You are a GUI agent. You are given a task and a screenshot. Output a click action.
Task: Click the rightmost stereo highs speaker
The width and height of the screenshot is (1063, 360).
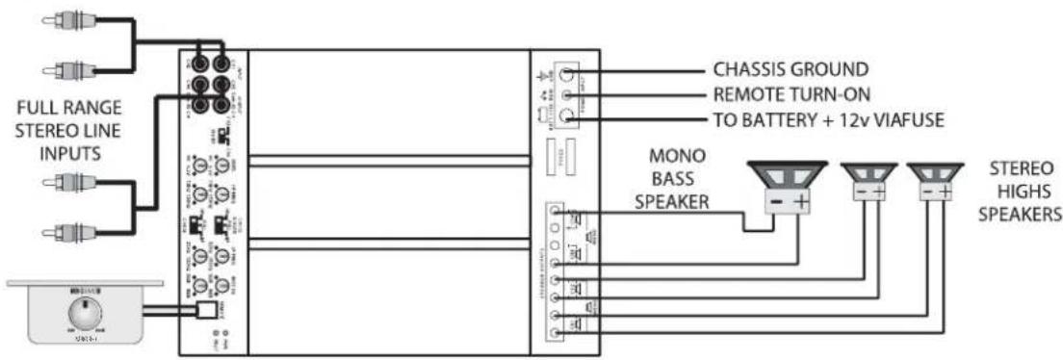click(x=933, y=182)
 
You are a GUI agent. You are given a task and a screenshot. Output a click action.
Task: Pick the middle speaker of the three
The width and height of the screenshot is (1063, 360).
click(x=868, y=182)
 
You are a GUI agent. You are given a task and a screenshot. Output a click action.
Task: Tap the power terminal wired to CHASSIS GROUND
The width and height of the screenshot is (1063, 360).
click(x=569, y=74)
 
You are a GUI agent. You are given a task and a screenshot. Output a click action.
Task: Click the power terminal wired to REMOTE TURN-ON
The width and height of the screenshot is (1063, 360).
click(x=569, y=95)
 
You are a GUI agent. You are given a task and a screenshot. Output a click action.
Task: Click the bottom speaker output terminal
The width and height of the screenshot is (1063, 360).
click(x=555, y=333)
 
